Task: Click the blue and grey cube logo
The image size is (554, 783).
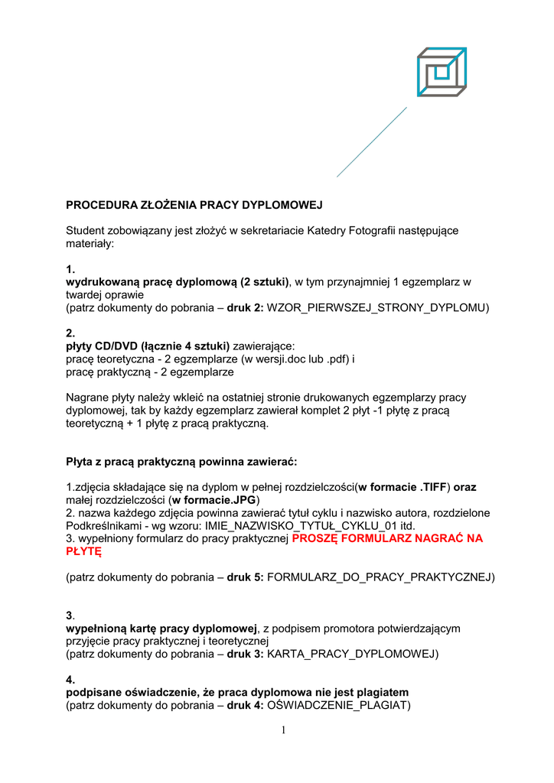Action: (442, 72)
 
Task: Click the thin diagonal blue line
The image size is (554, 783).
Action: (372, 142)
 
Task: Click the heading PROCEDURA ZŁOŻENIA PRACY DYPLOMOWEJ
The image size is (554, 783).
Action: (194, 205)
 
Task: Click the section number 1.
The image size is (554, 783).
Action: (70, 269)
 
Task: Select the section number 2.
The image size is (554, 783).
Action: (70, 333)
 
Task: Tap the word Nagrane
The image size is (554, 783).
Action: (88, 398)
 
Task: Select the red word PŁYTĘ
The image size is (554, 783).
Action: (83, 551)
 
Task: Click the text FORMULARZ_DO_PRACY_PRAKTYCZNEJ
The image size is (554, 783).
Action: (378, 577)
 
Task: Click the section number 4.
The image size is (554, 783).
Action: (70, 679)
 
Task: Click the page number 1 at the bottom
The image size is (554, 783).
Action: (283, 730)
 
